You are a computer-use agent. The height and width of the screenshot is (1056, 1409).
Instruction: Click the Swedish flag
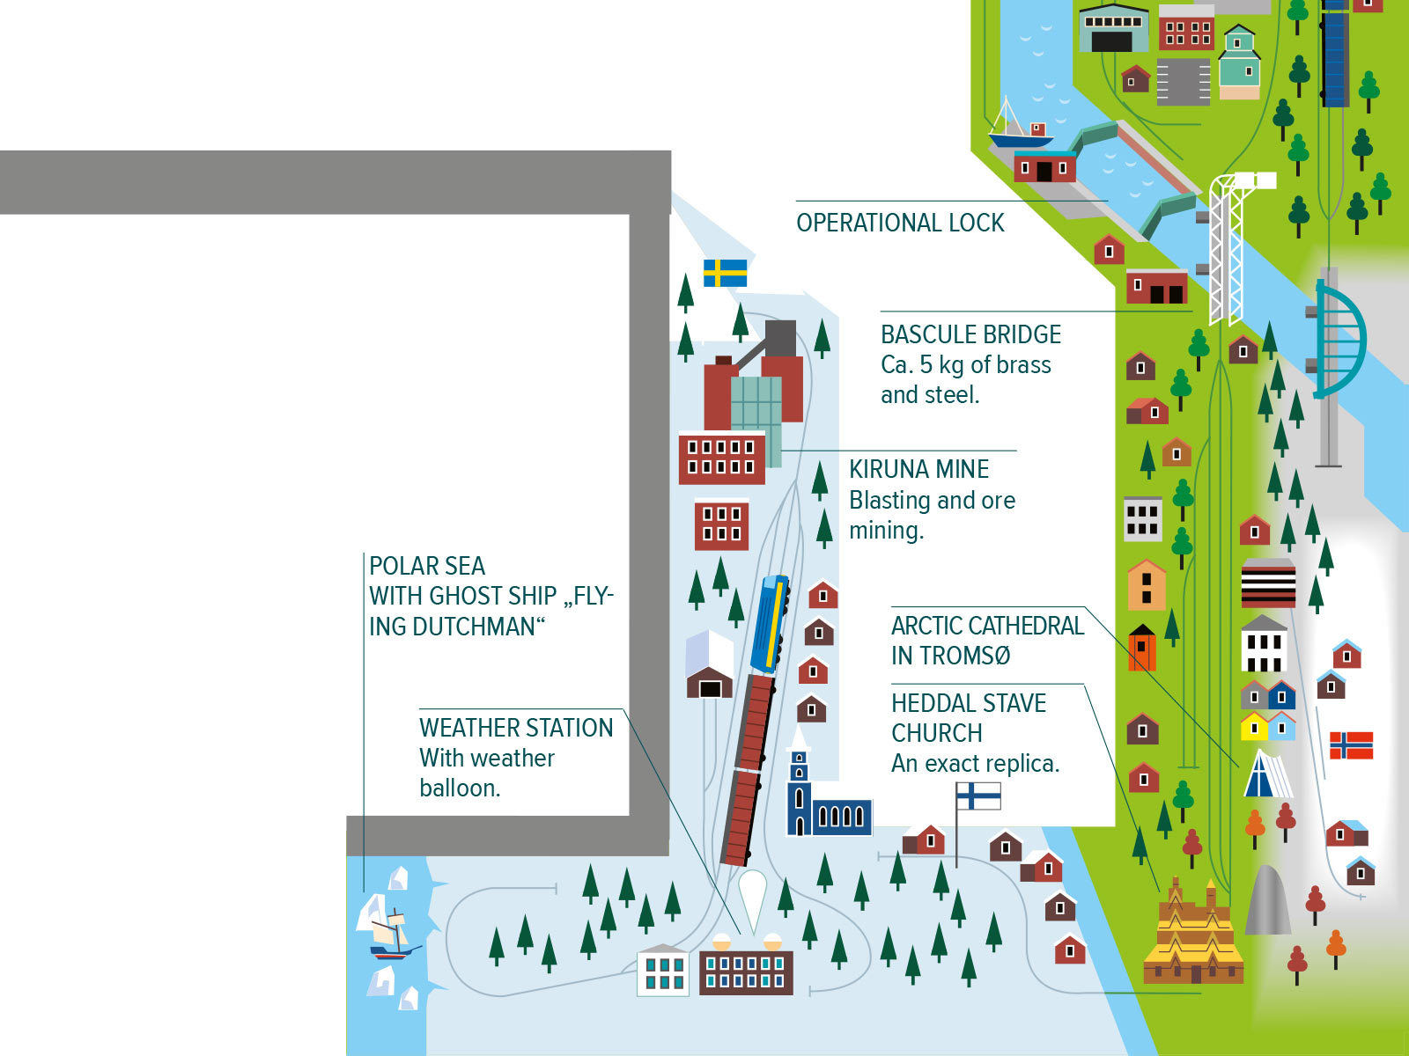[x=725, y=273]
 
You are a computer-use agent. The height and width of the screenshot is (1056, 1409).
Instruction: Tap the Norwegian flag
[x=1351, y=745]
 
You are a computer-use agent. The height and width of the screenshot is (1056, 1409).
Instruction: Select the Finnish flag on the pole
[x=978, y=796]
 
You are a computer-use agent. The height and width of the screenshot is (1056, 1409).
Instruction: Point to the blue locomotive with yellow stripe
[x=770, y=625]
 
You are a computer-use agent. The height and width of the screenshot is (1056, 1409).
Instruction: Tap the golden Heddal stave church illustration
[x=1193, y=933]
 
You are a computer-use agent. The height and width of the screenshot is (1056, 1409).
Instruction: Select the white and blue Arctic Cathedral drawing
[x=1268, y=774]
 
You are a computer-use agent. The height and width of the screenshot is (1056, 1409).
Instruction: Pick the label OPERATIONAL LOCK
[x=900, y=224]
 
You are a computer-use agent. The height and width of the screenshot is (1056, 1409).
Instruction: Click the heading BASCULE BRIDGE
[x=970, y=334]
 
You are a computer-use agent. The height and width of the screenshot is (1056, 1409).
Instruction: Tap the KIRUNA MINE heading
[x=918, y=469]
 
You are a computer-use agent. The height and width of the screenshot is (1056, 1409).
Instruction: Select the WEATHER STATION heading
[x=516, y=729]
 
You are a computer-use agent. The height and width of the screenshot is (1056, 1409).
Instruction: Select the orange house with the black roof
[x=1142, y=648]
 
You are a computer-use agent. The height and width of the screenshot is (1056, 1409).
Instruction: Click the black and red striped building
[x=1268, y=583]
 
